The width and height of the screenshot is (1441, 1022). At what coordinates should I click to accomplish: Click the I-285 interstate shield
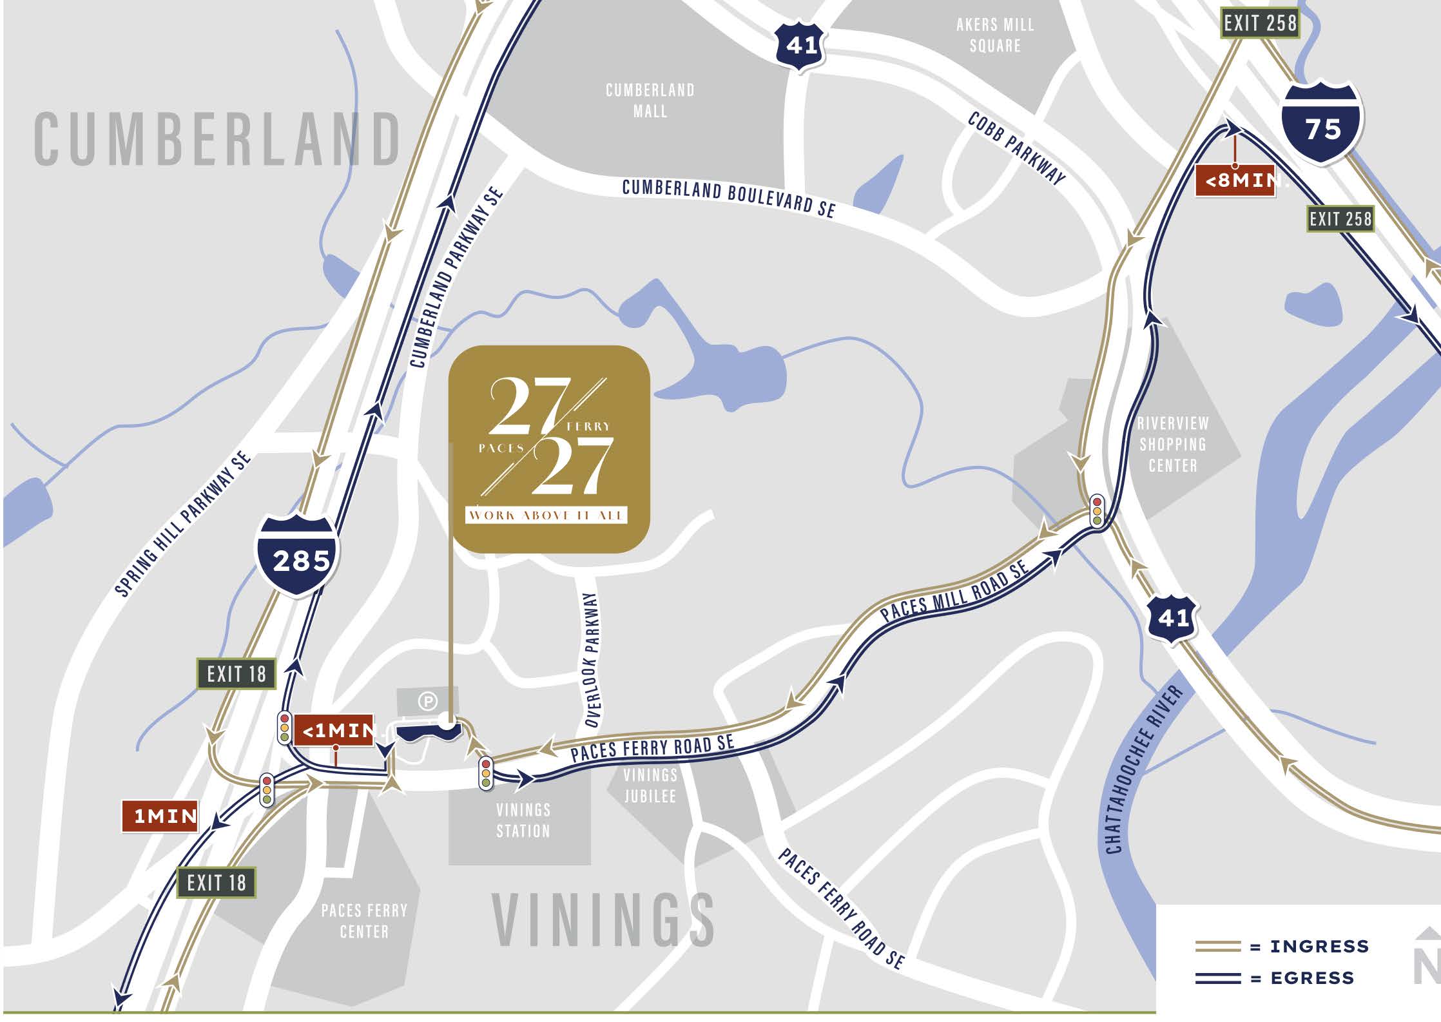click(x=297, y=555)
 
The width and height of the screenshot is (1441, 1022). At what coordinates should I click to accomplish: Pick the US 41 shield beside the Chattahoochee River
click(x=1172, y=619)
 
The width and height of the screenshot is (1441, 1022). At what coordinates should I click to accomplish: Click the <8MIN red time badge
click(x=1235, y=181)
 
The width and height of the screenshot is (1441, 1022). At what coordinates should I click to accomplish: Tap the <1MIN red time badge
click(x=334, y=731)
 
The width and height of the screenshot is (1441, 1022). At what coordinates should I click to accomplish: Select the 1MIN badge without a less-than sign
click(x=160, y=816)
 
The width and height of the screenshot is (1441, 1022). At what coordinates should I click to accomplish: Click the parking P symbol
click(x=428, y=701)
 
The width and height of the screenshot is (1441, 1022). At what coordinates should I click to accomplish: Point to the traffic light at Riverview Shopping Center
click(x=1096, y=510)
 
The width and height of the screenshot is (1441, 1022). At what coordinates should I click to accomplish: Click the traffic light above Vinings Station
click(x=486, y=773)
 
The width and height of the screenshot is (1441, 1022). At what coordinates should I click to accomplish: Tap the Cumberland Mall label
click(x=650, y=101)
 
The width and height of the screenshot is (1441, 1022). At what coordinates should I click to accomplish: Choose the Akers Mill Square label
click(x=995, y=35)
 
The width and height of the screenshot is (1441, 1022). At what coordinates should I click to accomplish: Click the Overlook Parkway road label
click(x=592, y=660)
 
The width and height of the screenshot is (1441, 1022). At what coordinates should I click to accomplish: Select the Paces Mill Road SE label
click(x=954, y=592)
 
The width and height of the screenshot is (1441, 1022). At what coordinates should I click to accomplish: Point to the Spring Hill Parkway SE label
click(x=183, y=524)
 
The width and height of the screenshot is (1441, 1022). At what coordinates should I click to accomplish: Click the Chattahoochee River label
click(x=1143, y=770)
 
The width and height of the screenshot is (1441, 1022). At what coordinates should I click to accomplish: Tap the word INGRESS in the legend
click(x=1319, y=946)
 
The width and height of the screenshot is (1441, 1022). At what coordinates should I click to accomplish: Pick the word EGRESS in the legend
click(x=1312, y=978)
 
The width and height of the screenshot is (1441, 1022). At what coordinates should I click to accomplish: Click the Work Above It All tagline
click(x=546, y=515)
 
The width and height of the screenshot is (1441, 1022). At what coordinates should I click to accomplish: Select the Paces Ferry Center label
click(x=364, y=921)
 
